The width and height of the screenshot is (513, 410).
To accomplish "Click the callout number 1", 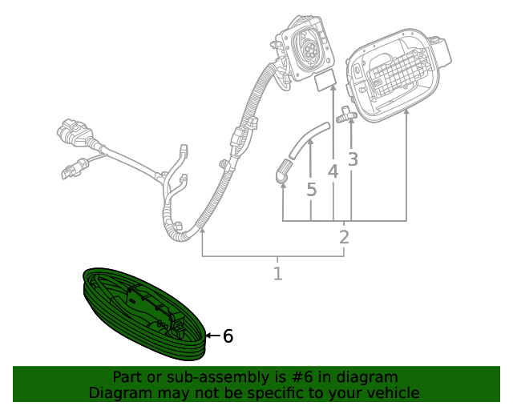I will click(277, 274).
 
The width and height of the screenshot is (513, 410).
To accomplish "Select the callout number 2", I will click(344, 237).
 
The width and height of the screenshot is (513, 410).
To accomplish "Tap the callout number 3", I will click(353, 159).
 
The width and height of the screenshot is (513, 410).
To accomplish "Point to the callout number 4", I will click(333, 171).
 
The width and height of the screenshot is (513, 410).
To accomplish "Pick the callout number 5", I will click(311, 191).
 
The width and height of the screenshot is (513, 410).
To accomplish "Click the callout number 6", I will click(228, 336).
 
